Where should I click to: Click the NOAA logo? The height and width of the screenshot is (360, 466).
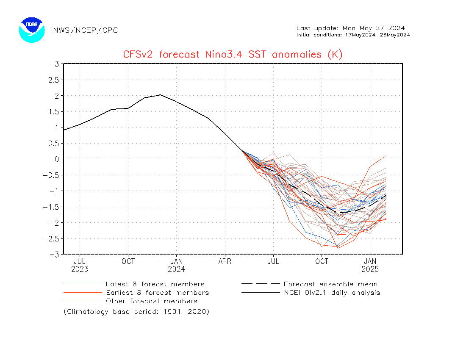tap(32, 30)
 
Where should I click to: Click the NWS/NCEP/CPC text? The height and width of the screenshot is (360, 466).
tap(86, 30)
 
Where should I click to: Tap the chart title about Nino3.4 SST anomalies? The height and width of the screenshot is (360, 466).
tap(233, 54)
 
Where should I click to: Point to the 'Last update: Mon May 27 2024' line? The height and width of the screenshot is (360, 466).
tap(350, 28)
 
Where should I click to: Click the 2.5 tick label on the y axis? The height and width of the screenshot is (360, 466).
tap(53, 80)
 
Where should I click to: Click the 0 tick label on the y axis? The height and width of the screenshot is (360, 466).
tap(57, 159)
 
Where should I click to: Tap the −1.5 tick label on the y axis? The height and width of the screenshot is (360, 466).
tap(51, 207)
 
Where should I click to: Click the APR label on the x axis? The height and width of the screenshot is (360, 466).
tap(225, 261)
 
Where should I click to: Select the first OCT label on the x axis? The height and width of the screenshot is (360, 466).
tap(128, 261)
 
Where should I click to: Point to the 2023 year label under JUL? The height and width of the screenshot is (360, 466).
tap(80, 269)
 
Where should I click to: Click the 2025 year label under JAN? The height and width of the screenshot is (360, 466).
tap(370, 269)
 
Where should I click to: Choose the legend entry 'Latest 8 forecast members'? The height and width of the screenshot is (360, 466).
tap(155, 284)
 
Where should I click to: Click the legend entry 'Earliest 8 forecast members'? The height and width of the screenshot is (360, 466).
tap(157, 293)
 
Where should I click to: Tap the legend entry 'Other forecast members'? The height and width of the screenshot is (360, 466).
tap(152, 301)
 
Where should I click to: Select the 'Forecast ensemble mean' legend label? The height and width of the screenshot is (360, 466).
tap(330, 284)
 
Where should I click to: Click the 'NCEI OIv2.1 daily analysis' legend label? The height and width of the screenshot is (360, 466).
tap(332, 293)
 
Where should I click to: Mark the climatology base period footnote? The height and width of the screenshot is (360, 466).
tap(136, 312)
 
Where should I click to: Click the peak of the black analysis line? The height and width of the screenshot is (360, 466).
tap(160, 95)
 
